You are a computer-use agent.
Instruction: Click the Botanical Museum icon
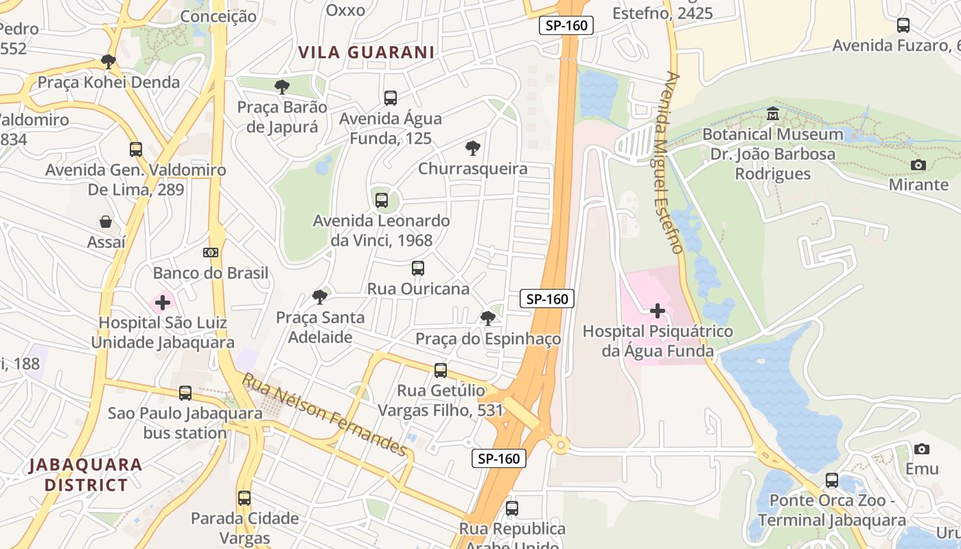(773, 113)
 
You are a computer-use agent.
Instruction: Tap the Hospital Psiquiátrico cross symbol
(658, 311)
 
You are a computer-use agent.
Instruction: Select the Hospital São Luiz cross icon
(163, 302)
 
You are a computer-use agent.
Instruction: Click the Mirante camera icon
(918, 165)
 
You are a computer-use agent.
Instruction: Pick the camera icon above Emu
(922, 449)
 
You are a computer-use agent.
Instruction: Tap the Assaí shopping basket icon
(106, 221)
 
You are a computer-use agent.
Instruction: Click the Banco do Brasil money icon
(211, 253)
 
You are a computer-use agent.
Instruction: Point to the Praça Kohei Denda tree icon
(108, 61)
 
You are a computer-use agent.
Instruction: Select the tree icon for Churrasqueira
(473, 148)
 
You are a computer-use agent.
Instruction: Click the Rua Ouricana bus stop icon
(418, 268)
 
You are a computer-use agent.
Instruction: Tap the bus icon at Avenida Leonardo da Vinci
(382, 200)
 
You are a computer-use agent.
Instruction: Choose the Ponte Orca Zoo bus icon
(832, 480)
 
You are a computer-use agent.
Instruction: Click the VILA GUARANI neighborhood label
(367, 52)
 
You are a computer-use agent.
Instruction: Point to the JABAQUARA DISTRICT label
(86, 475)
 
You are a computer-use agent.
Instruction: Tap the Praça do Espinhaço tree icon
(488, 318)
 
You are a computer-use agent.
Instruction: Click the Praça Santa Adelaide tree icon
(320, 296)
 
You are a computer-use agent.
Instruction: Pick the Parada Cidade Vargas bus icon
(244, 498)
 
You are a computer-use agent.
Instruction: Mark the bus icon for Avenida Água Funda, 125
(391, 98)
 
